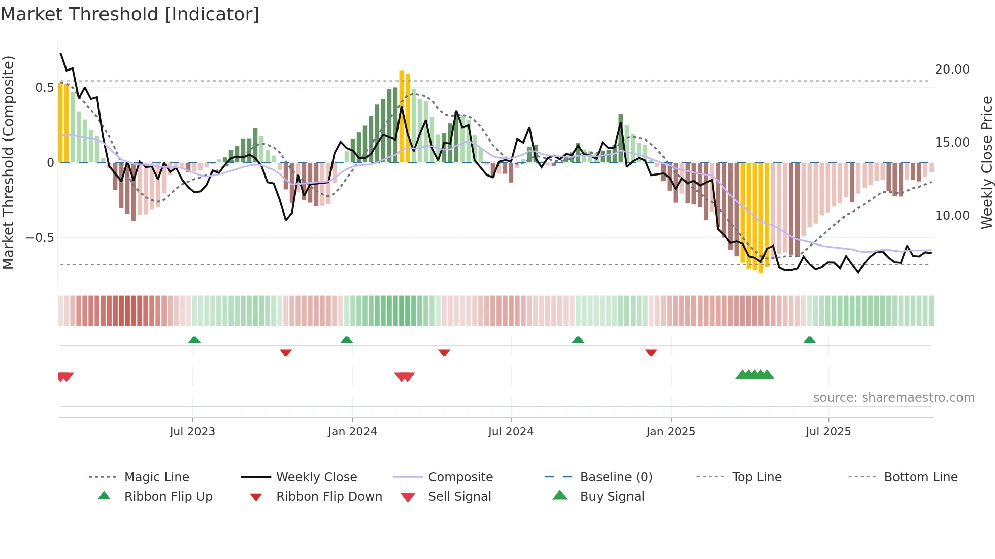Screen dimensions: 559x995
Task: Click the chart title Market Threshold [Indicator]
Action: (130, 14)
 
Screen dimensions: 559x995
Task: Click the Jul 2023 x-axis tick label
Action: (192, 432)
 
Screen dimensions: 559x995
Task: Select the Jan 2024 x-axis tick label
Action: (352, 432)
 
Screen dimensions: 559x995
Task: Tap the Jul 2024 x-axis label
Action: (511, 432)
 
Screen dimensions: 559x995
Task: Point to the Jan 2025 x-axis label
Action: (671, 432)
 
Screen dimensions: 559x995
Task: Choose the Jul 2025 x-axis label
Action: (828, 432)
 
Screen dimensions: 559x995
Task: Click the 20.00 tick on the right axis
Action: (952, 69)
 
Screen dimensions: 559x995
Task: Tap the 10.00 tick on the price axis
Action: (952, 216)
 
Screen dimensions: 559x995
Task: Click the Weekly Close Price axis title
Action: (986, 162)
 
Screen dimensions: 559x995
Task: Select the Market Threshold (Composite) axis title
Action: (8, 162)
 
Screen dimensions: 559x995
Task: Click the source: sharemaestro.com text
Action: (893, 398)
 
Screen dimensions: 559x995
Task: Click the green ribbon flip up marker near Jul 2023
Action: (194, 340)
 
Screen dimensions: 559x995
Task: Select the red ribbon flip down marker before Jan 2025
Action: (651, 352)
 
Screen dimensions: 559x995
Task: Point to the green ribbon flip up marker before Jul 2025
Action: (810, 340)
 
